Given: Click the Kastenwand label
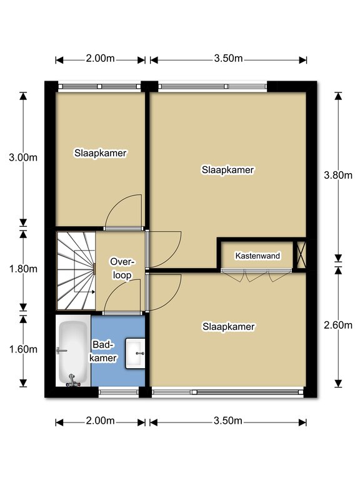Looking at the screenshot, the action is (257, 256).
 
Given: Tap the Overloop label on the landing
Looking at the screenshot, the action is (122, 269).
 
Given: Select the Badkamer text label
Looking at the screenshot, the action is (103, 351).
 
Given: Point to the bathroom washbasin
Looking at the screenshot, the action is (135, 353).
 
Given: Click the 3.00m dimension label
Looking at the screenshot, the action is (23, 157).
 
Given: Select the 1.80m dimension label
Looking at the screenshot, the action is (23, 269).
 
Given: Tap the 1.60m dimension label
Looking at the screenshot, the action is (23, 349).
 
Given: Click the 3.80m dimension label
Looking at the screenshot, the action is (338, 175).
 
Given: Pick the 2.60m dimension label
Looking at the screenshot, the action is (338, 325).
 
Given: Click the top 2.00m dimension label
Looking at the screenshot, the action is (100, 58).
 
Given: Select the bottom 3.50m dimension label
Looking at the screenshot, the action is (228, 421).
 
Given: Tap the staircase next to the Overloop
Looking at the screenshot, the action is (76, 271).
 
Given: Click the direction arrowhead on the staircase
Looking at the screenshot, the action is (92, 292).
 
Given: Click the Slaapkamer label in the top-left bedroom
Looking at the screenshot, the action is (101, 153).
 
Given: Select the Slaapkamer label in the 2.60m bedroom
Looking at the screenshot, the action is (228, 327).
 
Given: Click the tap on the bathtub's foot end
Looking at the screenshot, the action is (72, 381).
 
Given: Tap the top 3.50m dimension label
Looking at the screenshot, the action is (228, 58).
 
